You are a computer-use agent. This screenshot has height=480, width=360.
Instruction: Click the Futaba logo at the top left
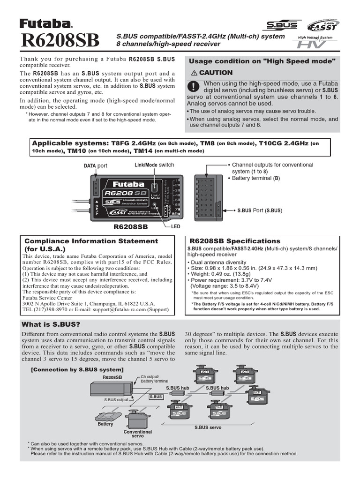coord(46,23)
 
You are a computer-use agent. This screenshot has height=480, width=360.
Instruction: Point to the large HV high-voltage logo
coord(309,45)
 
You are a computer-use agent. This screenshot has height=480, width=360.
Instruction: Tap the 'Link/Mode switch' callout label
coord(154,165)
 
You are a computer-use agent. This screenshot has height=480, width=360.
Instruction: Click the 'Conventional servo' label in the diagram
coord(137,434)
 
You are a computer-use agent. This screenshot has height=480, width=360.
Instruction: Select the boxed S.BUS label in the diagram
coord(156,397)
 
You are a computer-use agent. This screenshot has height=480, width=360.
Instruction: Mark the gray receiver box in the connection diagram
coord(111,388)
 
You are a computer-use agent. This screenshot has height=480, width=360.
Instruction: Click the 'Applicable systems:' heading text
coord(70,143)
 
